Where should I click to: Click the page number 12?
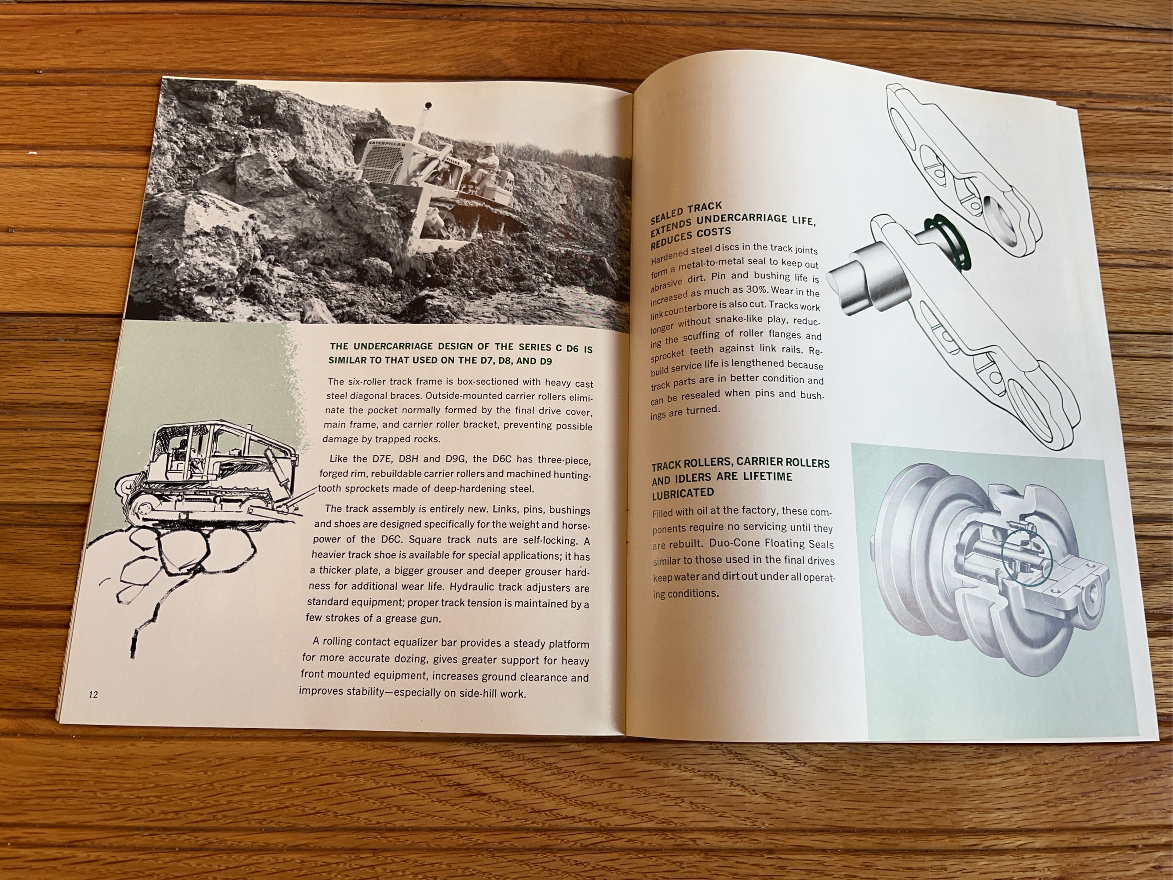93,695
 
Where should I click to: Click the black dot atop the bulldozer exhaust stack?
428,106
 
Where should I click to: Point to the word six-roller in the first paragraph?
368,381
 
